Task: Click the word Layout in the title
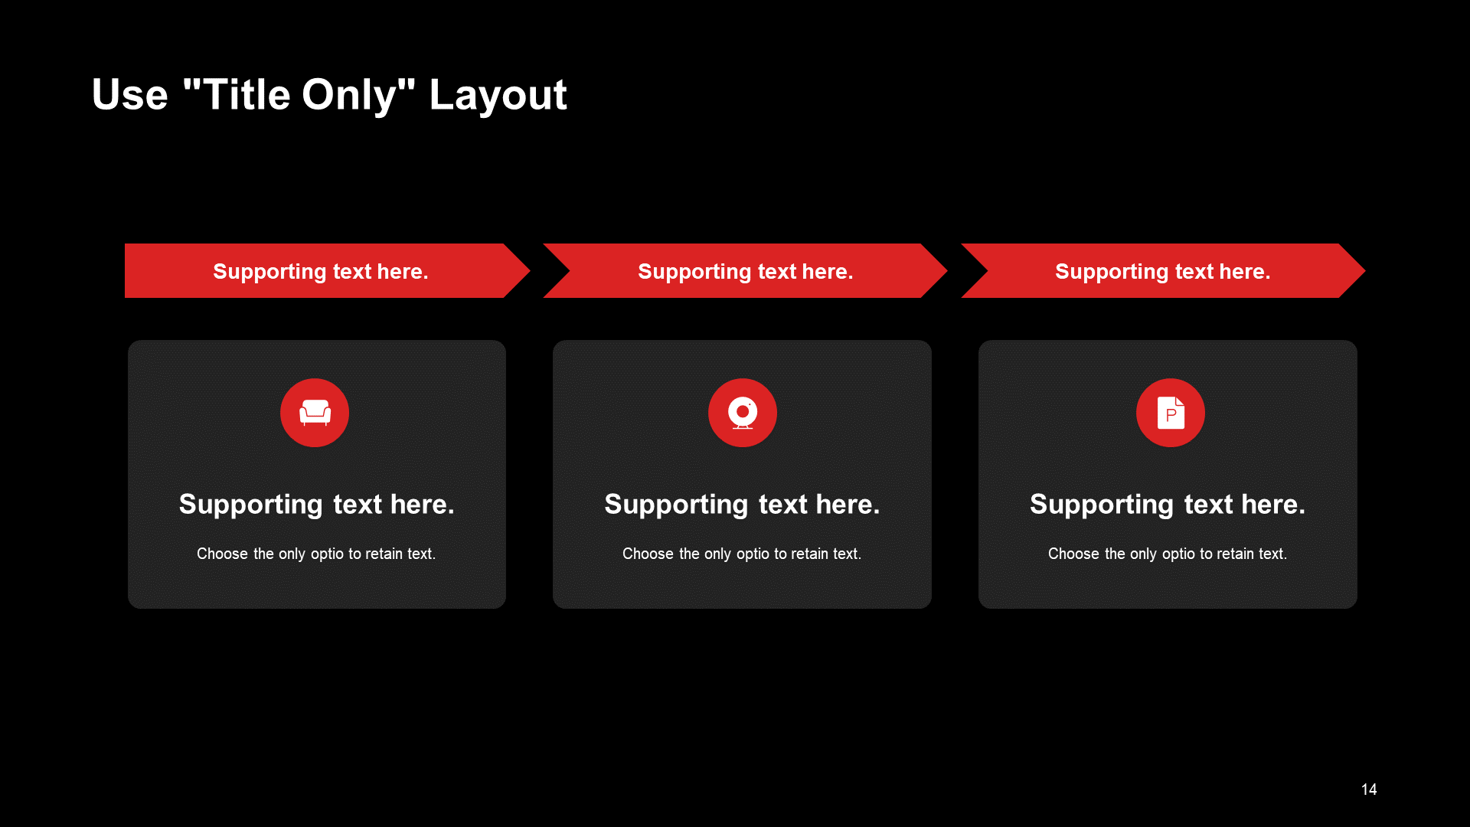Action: pos(498,96)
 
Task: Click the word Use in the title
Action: pos(129,95)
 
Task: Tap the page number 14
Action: pos(1369,789)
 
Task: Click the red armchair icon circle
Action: pos(315,413)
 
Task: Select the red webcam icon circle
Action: pos(743,413)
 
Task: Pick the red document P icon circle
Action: pos(1171,413)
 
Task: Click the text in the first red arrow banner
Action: pos(321,272)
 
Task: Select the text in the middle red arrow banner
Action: pos(746,272)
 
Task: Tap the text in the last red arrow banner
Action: pos(1163,272)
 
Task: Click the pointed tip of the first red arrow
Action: pos(530,270)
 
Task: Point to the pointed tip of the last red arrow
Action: pos(1365,270)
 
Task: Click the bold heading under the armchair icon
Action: pos(317,505)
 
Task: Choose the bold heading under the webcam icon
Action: pos(743,505)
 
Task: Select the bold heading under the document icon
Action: pos(1168,505)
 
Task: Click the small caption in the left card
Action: pos(316,554)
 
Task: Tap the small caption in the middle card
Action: pos(742,554)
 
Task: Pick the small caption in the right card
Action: pos(1168,554)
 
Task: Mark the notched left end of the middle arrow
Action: pos(570,270)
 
